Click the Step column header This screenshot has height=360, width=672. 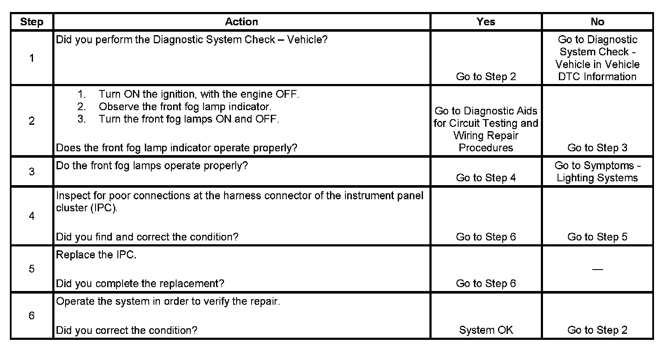pos(32,22)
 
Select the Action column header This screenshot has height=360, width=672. pos(241,22)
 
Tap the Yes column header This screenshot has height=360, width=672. pos(486,22)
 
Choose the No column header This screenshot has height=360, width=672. pos(597,22)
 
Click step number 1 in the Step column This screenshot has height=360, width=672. pos(32,58)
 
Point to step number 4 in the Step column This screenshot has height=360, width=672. pos(32,216)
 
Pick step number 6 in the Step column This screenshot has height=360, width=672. pos(32,316)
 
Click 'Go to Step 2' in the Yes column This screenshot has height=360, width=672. pos(486,77)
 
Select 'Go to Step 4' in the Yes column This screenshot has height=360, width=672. pos(486,178)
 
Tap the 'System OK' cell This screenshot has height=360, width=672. pos(486,330)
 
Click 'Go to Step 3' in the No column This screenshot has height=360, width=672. pos(597,148)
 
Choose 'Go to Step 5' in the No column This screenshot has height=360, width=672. pos(597,237)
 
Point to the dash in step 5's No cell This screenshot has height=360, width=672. pos(597,269)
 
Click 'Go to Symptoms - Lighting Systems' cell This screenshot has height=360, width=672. pos(597,172)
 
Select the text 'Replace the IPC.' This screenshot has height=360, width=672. pos(96,255)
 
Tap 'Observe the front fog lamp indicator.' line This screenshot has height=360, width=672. pos(185,106)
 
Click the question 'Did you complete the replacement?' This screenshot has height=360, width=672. pos(140,283)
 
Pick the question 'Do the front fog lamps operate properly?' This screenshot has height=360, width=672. pos(152,166)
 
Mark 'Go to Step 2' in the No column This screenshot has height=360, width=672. pos(597,330)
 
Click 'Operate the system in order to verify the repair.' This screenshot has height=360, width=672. pos(168,301)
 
